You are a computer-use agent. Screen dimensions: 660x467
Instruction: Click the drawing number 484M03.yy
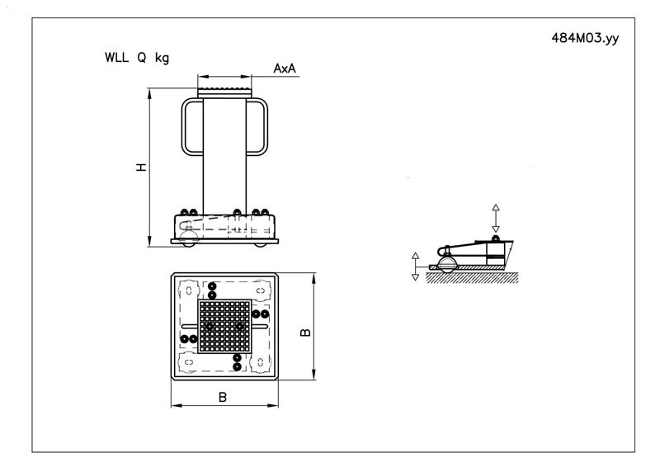tap(585, 38)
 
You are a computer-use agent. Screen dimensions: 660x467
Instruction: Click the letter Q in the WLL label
tap(141, 57)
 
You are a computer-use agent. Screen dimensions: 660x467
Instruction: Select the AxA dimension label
tap(285, 68)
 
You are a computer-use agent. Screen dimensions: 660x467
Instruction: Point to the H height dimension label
tap(141, 167)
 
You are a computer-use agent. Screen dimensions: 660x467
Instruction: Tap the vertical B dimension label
tap(305, 332)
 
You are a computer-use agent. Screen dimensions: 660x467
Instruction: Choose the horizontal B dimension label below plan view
tap(223, 397)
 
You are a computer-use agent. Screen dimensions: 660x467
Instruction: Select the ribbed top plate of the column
tap(224, 92)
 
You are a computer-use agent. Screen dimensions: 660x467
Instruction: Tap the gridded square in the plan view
tap(224, 327)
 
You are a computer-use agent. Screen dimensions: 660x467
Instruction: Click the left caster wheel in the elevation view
tap(188, 238)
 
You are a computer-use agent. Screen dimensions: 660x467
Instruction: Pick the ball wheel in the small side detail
tap(446, 265)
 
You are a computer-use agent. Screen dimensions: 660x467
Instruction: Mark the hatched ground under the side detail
tap(472, 277)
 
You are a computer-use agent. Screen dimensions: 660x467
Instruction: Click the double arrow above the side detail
tap(496, 218)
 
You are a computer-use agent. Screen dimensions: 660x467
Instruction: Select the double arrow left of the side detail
tap(416, 267)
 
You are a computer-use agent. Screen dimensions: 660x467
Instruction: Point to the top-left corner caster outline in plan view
tap(189, 290)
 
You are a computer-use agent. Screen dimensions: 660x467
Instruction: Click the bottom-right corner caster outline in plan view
tap(260, 362)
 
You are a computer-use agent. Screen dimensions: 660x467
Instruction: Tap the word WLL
tap(116, 57)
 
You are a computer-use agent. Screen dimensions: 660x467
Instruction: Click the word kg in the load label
tap(162, 58)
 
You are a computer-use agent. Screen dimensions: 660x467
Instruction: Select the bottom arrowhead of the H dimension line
tap(149, 242)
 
